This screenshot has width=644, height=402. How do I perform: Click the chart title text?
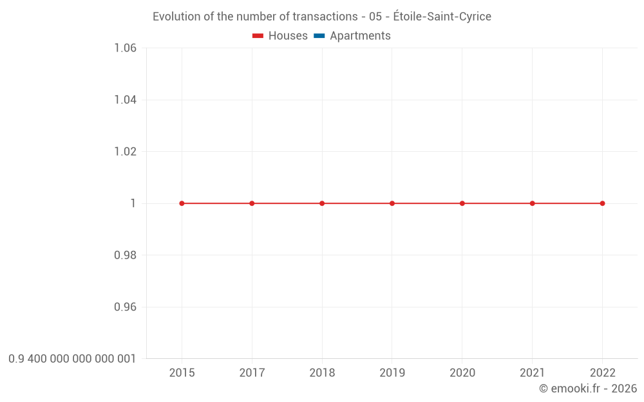point(321,17)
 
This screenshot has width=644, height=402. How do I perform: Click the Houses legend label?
point(288,36)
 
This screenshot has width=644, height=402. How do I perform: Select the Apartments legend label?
point(360,36)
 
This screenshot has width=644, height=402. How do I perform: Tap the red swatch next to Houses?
point(258,36)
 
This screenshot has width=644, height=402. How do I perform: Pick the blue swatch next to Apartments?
point(319,36)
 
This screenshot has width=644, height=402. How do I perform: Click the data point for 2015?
point(182,203)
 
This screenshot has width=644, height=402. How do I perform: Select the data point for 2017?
point(252,203)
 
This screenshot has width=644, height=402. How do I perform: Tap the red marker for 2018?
point(322,203)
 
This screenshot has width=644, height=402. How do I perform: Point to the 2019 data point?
point(392,203)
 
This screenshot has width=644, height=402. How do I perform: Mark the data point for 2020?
point(462,203)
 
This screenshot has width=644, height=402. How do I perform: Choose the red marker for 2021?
point(533,203)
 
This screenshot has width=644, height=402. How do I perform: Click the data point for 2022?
point(602,203)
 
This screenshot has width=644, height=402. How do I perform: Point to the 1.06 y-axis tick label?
point(125,48)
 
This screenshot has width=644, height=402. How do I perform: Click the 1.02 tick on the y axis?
point(125,152)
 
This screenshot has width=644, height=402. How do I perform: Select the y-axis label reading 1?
point(133,203)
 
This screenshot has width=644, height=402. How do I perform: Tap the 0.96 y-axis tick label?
point(125,307)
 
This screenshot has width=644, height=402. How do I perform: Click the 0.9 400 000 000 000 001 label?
point(72,358)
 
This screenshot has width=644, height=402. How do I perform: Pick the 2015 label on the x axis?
point(182,373)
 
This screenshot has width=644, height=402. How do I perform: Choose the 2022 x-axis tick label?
point(602,373)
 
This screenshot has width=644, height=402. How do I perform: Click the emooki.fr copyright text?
point(588,388)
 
